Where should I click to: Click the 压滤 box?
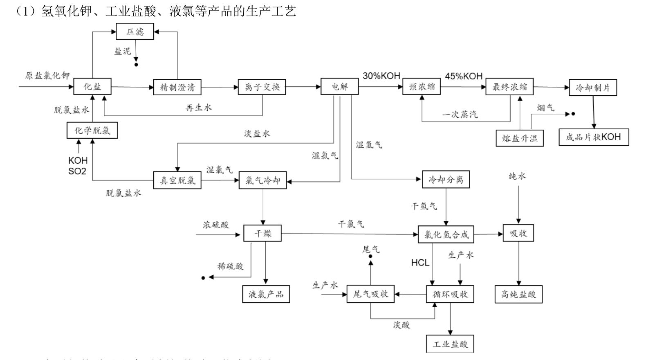coord(135,32)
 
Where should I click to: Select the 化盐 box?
coord(92,87)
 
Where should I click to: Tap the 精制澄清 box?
coord(177,87)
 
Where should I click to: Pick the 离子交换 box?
coord(262,87)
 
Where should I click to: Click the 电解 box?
coord(340,86)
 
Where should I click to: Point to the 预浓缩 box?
coord(422,87)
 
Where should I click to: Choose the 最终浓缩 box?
coord(509,87)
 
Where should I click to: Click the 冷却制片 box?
coord(592,88)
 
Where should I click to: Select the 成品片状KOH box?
coord(594,137)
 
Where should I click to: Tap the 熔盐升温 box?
coord(520,138)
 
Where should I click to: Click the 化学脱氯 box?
coord(92,130)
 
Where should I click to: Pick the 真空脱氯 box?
coord(177,180)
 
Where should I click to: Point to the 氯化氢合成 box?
coord(446,234)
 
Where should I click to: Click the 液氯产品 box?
coord(266,294)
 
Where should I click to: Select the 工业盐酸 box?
coord(450,344)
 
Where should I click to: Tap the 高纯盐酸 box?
coord(518,294)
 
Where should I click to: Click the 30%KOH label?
coord(381,76)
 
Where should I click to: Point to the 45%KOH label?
coord(464,76)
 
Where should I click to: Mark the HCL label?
coord(420,263)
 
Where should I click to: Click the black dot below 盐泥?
coord(136,65)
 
